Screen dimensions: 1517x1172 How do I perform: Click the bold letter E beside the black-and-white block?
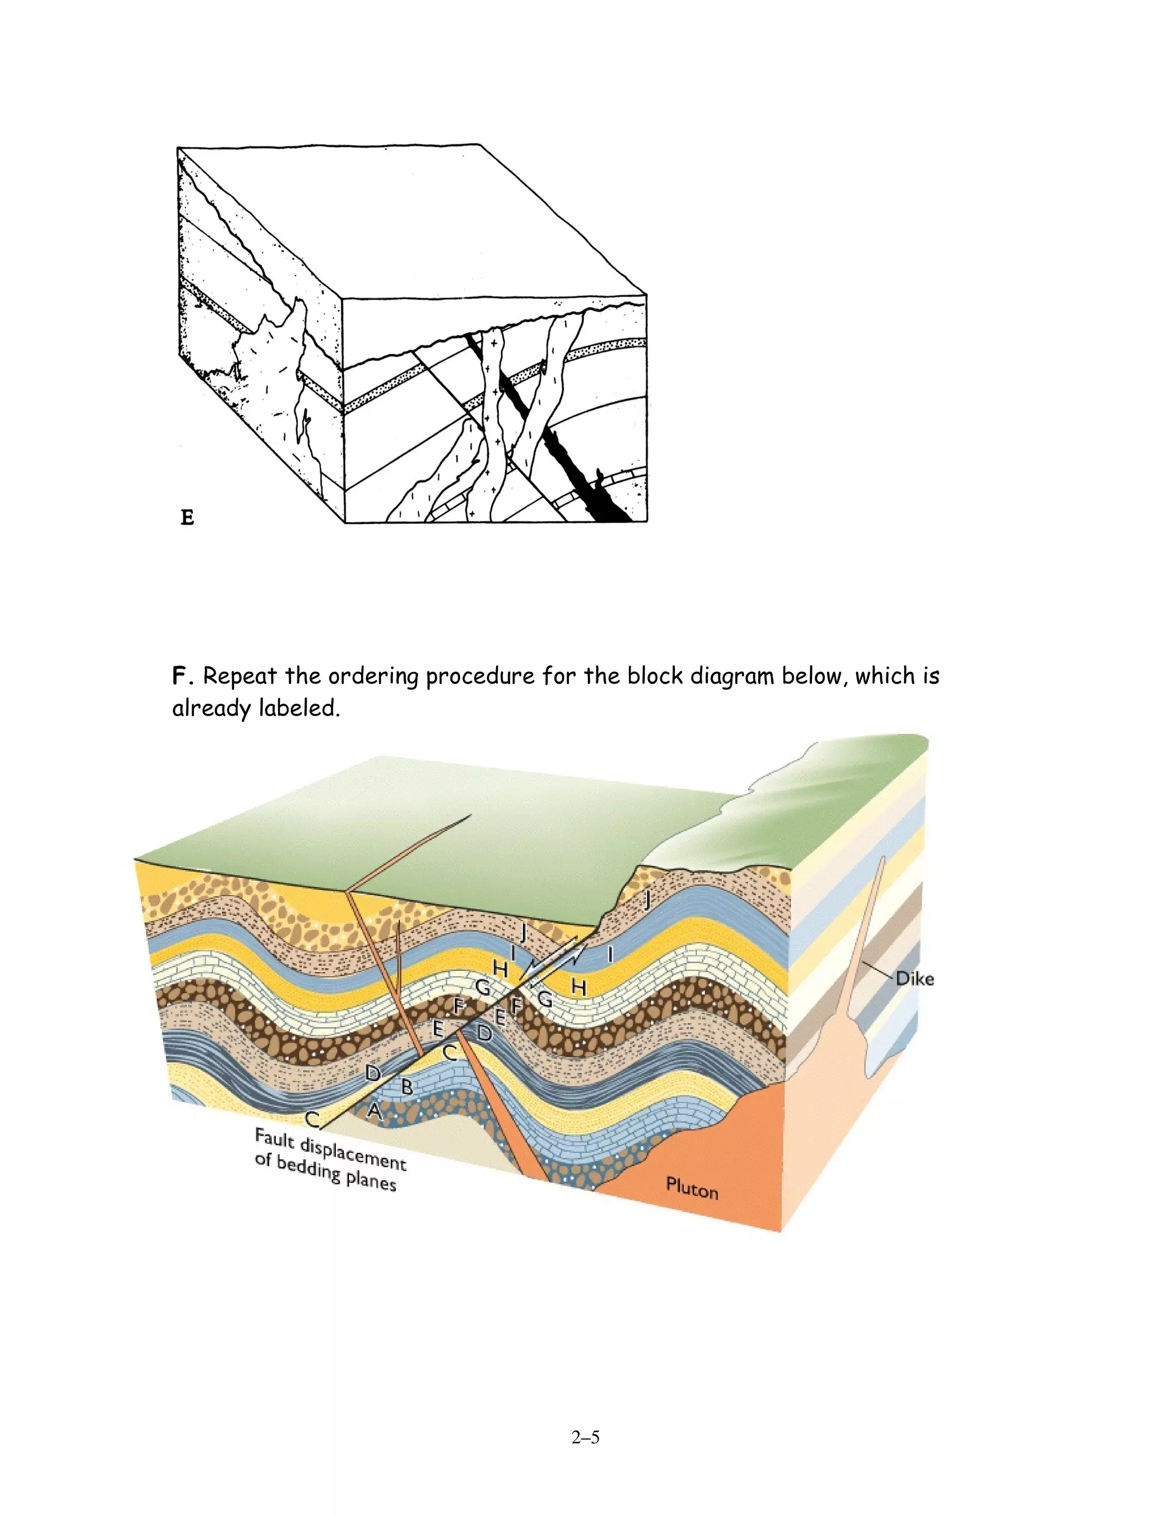[x=187, y=517]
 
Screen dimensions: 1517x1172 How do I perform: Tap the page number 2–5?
[x=585, y=1437]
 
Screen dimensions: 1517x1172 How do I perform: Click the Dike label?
[x=914, y=979]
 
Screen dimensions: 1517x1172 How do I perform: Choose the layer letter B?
[x=407, y=1087]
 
